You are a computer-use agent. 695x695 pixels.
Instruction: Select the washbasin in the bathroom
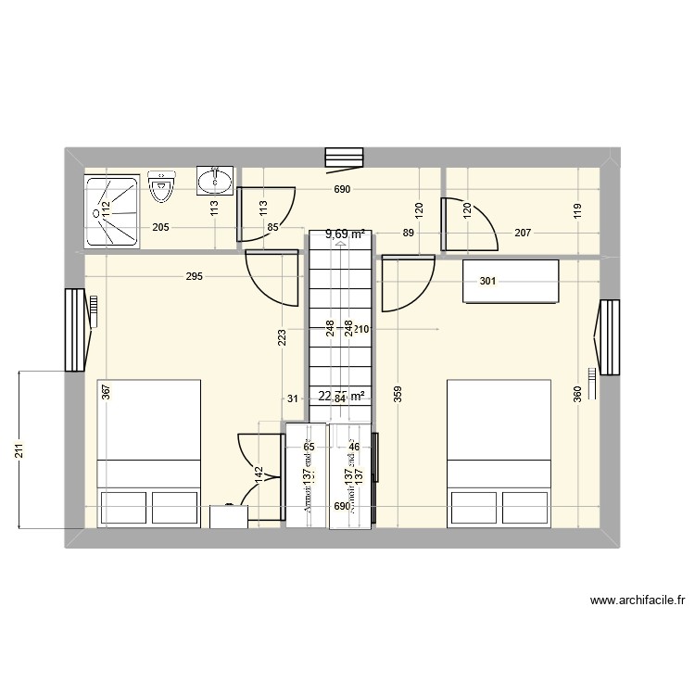tap(216, 181)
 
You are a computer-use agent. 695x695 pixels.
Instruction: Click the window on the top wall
tap(343, 159)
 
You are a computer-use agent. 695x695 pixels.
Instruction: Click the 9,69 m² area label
tap(344, 234)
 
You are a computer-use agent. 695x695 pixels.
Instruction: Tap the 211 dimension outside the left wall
tap(19, 450)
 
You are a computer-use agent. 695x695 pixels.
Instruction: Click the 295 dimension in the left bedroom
tap(194, 276)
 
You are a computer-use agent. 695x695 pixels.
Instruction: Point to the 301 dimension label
tap(487, 282)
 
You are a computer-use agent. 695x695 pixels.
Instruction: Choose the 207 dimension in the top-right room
tap(523, 234)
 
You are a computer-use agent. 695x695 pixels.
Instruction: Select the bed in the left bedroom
tap(149, 453)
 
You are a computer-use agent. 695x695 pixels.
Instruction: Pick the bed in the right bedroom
tap(499, 453)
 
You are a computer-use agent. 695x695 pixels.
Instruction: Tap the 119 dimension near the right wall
tap(576, 209)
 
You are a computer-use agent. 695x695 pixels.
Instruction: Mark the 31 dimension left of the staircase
tap(292, 399)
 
